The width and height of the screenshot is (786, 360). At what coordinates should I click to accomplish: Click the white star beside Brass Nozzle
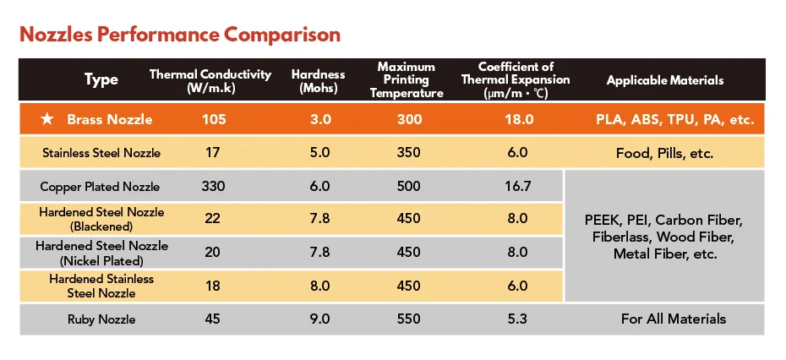coord(46,120)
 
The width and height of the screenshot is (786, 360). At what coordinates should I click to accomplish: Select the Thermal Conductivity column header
coord(210,80)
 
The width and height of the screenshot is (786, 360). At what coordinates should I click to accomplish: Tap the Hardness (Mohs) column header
coord(319,80)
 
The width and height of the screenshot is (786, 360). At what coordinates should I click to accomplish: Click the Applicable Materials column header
coord(664,80)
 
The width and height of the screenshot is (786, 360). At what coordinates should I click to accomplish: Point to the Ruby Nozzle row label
coord(101,319)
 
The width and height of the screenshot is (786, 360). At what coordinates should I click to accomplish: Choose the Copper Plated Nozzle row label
coord(100,187)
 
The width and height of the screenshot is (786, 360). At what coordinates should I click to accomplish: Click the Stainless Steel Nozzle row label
coord(101,152)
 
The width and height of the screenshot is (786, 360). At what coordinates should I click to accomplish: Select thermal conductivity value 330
coord(213,187)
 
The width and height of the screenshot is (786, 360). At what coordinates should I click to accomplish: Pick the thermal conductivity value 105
coord(213,120)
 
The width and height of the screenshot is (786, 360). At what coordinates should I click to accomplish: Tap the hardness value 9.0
coord(319,319)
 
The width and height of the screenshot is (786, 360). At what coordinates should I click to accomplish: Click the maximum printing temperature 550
coord(408,319)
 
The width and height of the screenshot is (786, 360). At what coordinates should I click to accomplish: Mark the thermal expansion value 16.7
coord(517,187)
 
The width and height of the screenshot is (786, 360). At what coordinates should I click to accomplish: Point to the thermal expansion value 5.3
coord(517,319)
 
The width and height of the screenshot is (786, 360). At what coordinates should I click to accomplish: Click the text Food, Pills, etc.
coord(664,153)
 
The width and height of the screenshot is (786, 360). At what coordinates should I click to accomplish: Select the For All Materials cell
coord(674,319)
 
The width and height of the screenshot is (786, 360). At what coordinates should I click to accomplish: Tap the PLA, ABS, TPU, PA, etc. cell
coord(674,120)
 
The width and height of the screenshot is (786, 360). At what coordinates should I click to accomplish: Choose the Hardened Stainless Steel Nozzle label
coord(101,286)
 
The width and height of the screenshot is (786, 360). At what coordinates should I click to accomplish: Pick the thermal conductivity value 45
coord(213,319)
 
